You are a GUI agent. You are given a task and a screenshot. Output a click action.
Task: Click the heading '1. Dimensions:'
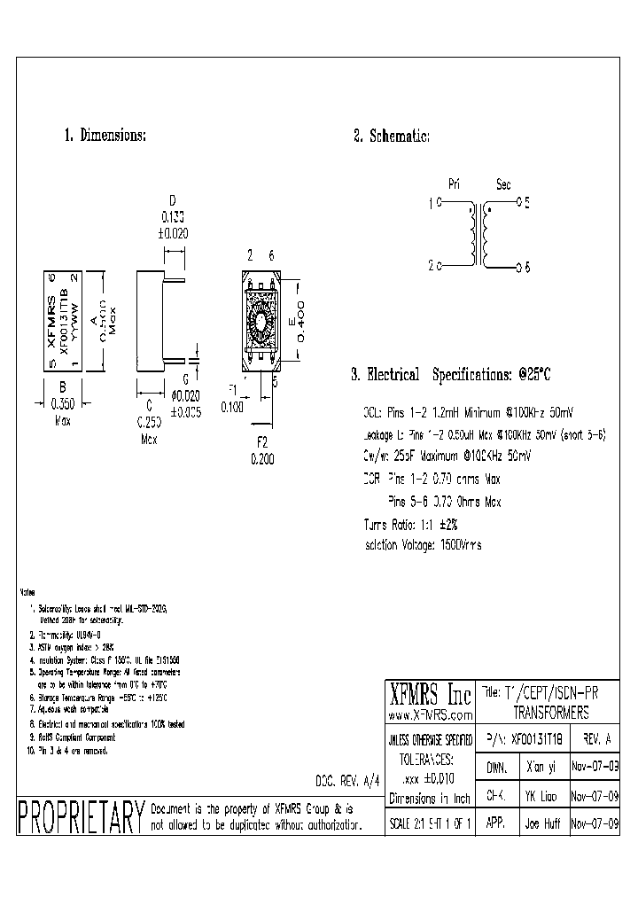coord(105,136)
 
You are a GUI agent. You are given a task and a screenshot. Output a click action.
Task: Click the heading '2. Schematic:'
coord(392,136)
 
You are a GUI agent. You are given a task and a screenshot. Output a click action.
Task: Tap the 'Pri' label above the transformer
coord(455,184)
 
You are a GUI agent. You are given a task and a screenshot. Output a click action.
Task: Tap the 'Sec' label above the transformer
coord(503,184)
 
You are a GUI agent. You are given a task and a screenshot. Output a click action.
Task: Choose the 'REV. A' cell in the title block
coord(595,738)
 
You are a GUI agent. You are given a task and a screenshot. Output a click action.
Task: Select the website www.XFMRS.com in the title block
coord(430,714)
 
